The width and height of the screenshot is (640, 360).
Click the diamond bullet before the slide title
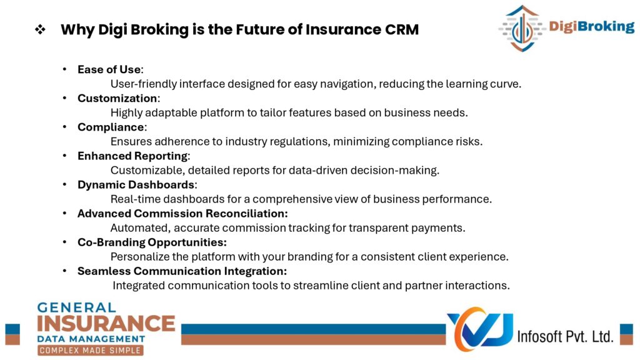click(40, 29)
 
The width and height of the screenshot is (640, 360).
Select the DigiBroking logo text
click(591, 26)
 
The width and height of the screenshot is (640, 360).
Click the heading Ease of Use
click(109, 69)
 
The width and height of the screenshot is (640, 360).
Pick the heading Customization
click(117, 98)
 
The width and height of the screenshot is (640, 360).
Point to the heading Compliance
click(111, 127)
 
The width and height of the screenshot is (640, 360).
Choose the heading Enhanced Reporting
click(132, 156)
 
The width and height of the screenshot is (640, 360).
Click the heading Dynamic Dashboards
click(136, 185)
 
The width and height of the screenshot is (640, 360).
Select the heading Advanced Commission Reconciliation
click(182, 214)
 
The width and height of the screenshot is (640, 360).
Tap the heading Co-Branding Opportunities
click(152, 242)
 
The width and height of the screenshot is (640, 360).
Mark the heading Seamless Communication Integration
click(182, 271)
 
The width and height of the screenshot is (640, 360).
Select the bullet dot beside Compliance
click(64, 127)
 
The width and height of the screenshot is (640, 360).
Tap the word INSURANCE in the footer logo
click(106, 324)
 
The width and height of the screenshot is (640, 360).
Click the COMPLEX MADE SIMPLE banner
click(90, 350)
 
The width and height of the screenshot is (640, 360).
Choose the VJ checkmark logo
click(480, 329)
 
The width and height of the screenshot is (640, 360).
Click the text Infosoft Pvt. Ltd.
click(565, 336)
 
